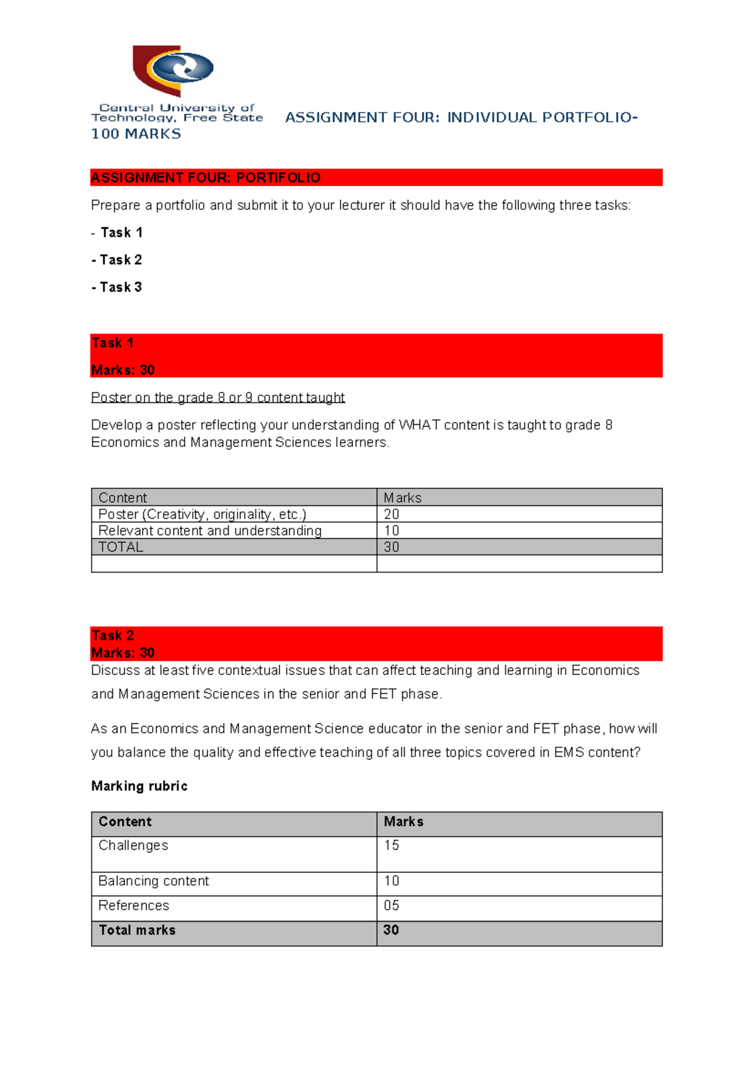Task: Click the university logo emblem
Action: [173, 70]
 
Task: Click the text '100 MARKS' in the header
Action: [136, 134]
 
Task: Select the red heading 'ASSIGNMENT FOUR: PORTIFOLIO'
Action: [205, 178]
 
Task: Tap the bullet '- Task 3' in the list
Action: [117, 287]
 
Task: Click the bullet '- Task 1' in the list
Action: [117, 233]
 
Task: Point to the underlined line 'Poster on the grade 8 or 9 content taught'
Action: [217, 398]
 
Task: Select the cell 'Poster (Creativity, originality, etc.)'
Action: [202, 514]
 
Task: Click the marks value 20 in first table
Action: [391, 514]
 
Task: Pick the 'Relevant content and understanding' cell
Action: [210, 530]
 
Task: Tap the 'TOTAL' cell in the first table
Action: [121, 547]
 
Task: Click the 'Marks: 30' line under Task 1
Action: [123, 370]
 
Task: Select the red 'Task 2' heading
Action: [112, 635]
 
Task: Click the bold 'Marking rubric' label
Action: [139, 786]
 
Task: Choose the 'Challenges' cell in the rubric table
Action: [133, 845]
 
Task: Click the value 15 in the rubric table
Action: [391, 845]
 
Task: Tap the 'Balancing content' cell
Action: [153, 881]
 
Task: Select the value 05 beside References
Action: [391, 906]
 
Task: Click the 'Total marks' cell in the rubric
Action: [137, 930]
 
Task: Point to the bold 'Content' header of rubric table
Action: [125, 822]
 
